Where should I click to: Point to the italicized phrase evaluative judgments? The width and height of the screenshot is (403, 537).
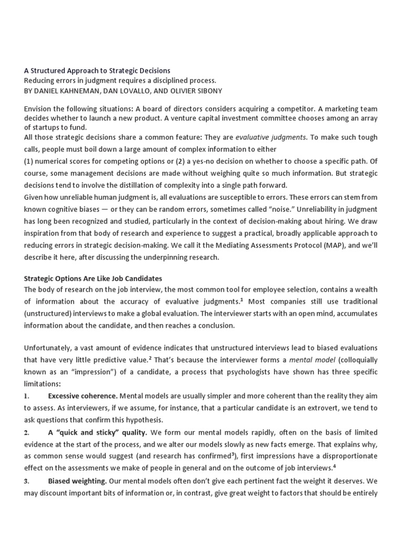click(x=270, y=137)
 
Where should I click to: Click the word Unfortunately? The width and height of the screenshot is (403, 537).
click(x=49, y=348)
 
